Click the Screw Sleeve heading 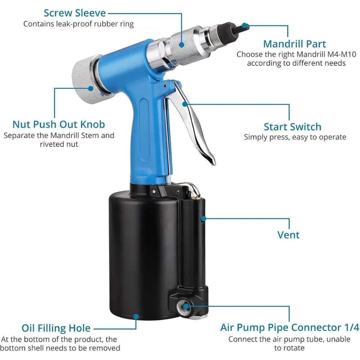75,13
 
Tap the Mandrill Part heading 294,44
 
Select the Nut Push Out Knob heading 59,125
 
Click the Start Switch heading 292,127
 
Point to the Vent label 288,235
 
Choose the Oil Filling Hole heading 56,328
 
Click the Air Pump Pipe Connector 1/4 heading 289,328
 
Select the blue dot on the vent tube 203,219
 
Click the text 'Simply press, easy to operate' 295,137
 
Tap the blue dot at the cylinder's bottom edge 136,317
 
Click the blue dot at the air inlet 186,306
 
